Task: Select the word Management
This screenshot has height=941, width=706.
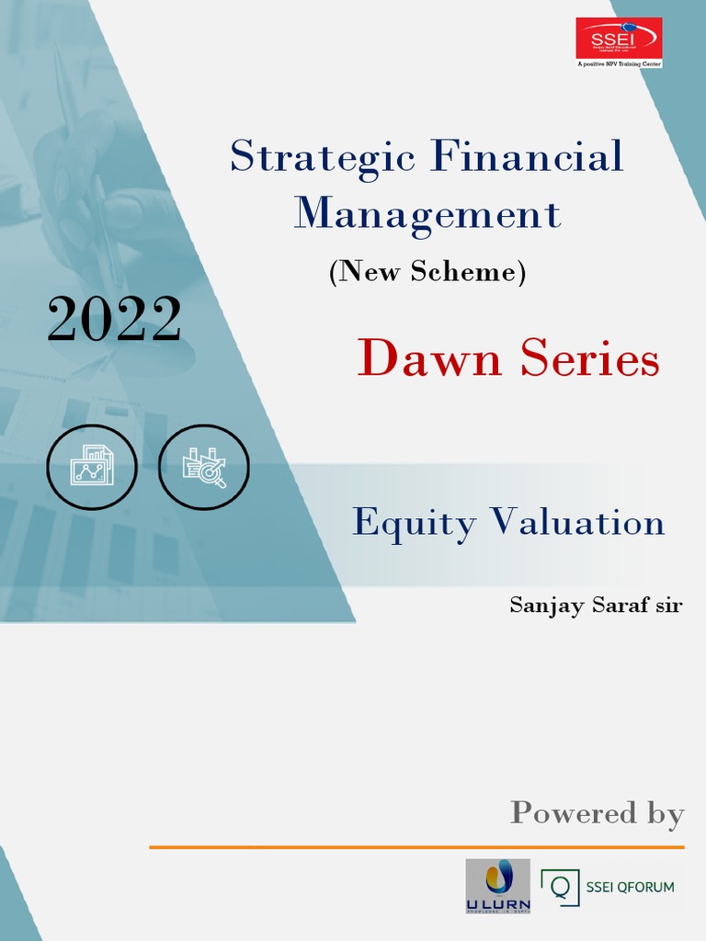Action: pos(427,213)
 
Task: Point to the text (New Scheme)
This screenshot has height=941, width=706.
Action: pos(427,272)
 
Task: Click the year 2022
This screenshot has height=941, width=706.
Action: pos(114,321)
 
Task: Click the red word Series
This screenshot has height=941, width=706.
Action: pos(589,358)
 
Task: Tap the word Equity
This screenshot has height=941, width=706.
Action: pos(415,523)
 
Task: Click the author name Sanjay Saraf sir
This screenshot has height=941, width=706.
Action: pos(596,606)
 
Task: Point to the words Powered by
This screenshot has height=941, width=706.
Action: pos(598,812)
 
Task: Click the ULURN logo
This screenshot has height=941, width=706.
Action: pos(497,886)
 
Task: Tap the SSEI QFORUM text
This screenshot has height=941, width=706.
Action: pos(630,887)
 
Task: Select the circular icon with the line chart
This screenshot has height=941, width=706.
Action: pos(92,468)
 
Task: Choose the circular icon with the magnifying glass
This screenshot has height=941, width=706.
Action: pos(203,468)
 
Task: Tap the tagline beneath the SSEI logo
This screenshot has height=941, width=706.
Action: pos(619,64)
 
